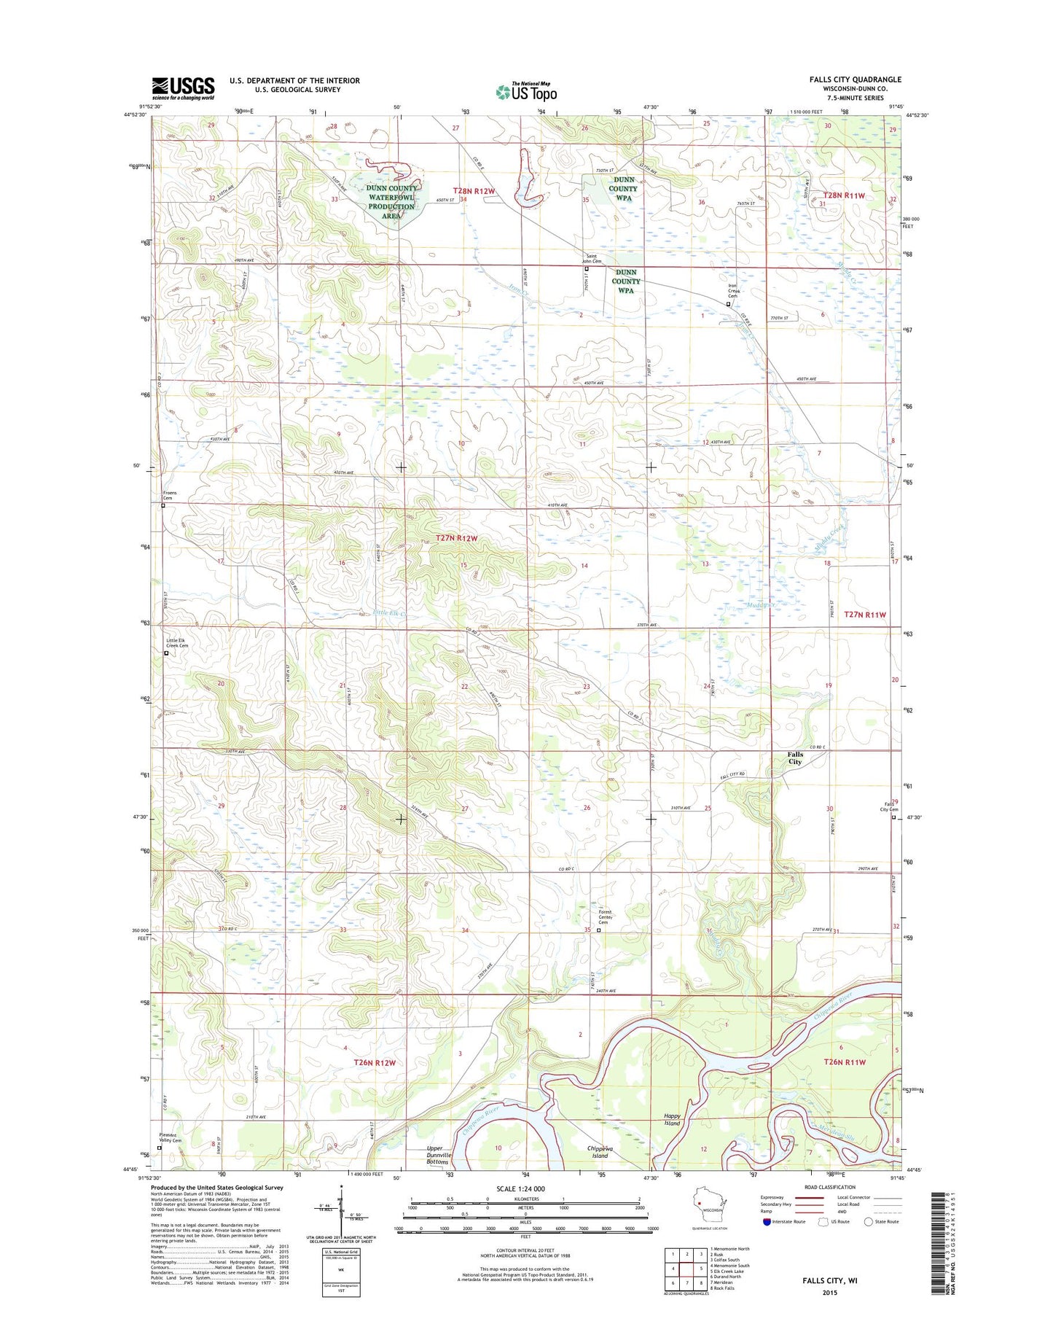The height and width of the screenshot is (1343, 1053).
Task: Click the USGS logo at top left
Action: pyautogui.click(x=183, y=87)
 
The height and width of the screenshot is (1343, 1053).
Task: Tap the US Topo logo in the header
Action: pyautogui.click(x=526, y=92)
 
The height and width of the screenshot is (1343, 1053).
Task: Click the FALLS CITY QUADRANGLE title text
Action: pyautogui.click(x=855, y=79)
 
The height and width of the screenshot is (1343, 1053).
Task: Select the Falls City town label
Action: pyautogui.click(x=794, y=758)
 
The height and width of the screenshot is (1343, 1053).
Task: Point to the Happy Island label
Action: pyautogui.click(x=672, y=1120)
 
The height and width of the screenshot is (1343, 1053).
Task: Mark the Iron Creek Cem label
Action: pyautogui.click(x=733, y=292)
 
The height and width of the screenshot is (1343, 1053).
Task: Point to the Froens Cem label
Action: pyautogui.click(x=169, y=496)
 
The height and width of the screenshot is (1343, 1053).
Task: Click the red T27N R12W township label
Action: pyautogui.click(x=456, y=538)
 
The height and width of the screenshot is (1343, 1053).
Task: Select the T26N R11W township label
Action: pyautogui.click(x=844, y=1062)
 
